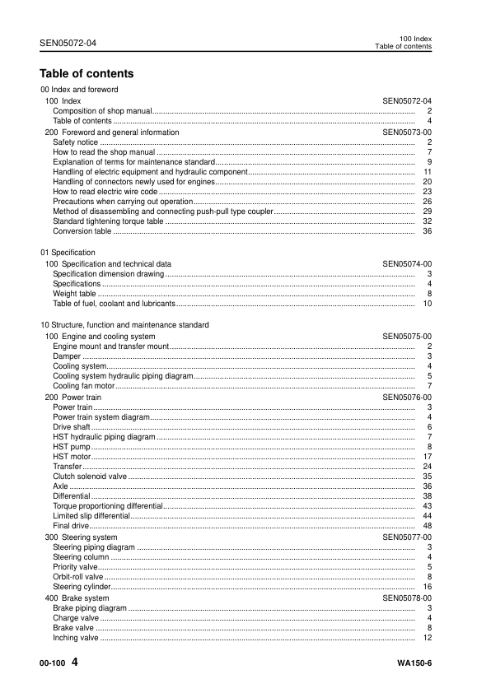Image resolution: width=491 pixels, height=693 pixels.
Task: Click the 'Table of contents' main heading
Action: pyautogui.click(x=87, y=73)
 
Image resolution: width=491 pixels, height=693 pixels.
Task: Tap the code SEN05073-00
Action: pyautogui.click(x=407, y=132)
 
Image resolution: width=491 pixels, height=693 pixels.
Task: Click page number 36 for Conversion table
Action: pyautogui.click(x=427, y=231)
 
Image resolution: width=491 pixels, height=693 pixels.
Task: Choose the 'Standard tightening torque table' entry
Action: pyautogui.click(x=108, y=221)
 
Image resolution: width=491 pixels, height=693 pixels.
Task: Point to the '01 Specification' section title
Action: pyautogui.click(x=68, y=252)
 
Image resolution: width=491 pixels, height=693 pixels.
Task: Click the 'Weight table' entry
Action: pyautogui.click(x=74, y=293)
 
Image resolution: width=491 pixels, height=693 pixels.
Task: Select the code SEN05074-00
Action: pyautogui.click(x=407, y=263)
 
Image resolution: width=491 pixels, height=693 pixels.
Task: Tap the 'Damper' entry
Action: pyautogui.click(x=67, y=356)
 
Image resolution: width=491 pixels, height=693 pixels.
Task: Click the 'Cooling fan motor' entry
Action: pyautogui.click(x=83, y=385)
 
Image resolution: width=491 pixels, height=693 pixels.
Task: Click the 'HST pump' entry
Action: pyautogui.click(x=72, y=446)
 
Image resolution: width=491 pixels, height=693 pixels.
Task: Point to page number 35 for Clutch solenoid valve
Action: pyautogui.click(x=427, y=476)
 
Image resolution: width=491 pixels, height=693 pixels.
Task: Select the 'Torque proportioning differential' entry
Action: pyautogui.click(x=108, y=505)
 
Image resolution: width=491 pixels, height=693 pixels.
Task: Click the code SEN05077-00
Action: pyautogui.click(x=407, y=537)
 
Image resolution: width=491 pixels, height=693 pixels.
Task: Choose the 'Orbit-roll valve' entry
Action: pyautogui.click(x=77, y=576)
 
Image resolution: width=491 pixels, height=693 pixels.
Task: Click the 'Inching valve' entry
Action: pyautogui.click(x=75, y=637)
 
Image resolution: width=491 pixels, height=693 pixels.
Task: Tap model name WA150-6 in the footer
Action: pyautogui.click(x=414, y=663)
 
